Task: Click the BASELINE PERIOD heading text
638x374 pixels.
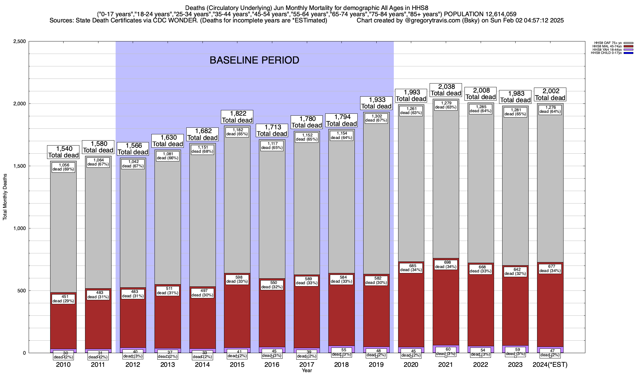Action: pos(254,60)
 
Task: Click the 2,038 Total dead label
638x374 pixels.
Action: pos(446,90)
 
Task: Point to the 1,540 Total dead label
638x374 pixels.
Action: pos(63,152)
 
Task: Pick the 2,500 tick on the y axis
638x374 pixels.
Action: pos(19,41)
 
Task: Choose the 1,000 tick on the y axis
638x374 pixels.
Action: pos(19,228)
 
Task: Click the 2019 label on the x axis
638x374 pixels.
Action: pos(376,365)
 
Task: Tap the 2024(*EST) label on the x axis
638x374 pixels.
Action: pos(550,365)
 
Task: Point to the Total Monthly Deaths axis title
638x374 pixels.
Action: pos(5,197)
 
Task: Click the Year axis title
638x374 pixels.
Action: pos(307,371)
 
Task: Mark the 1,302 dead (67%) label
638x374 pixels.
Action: pos(376,118)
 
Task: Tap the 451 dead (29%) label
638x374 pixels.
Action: pos(63,299)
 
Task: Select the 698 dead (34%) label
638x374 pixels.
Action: pos(446,265)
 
